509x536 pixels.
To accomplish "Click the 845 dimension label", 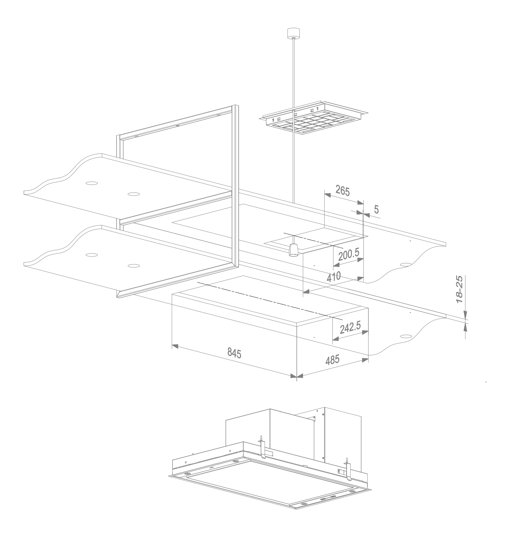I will click(234, 353).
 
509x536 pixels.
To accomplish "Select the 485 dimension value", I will click(332, 360).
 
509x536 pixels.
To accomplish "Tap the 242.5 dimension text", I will click(350, 328).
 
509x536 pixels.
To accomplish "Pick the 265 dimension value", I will click(343, 191).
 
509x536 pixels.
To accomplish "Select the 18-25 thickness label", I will click(459, 290).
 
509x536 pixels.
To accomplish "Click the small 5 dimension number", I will click(376, 210).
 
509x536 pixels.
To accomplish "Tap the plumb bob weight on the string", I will click(292, 250).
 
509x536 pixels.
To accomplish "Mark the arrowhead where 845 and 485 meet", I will click(297, 376).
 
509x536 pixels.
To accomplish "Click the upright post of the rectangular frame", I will click(235, 185).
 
